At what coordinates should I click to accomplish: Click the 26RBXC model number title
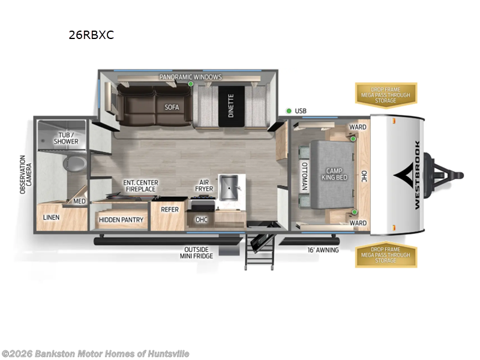point(91,35)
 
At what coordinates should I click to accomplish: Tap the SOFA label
point(172,107)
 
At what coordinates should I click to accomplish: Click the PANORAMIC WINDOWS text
point(190,77)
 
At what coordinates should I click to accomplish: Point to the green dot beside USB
point(289,111)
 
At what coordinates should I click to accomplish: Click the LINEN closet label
point(51,217)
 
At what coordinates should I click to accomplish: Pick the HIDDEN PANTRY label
point(121,220)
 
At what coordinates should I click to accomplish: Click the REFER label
point(170,210)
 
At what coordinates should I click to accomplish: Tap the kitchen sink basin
point(230,188)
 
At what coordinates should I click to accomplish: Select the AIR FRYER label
point(204,185)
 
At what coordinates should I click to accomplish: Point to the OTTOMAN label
point(304,176)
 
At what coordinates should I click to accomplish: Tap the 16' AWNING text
point(323,250)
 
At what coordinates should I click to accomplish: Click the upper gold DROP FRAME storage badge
point(386,94)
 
